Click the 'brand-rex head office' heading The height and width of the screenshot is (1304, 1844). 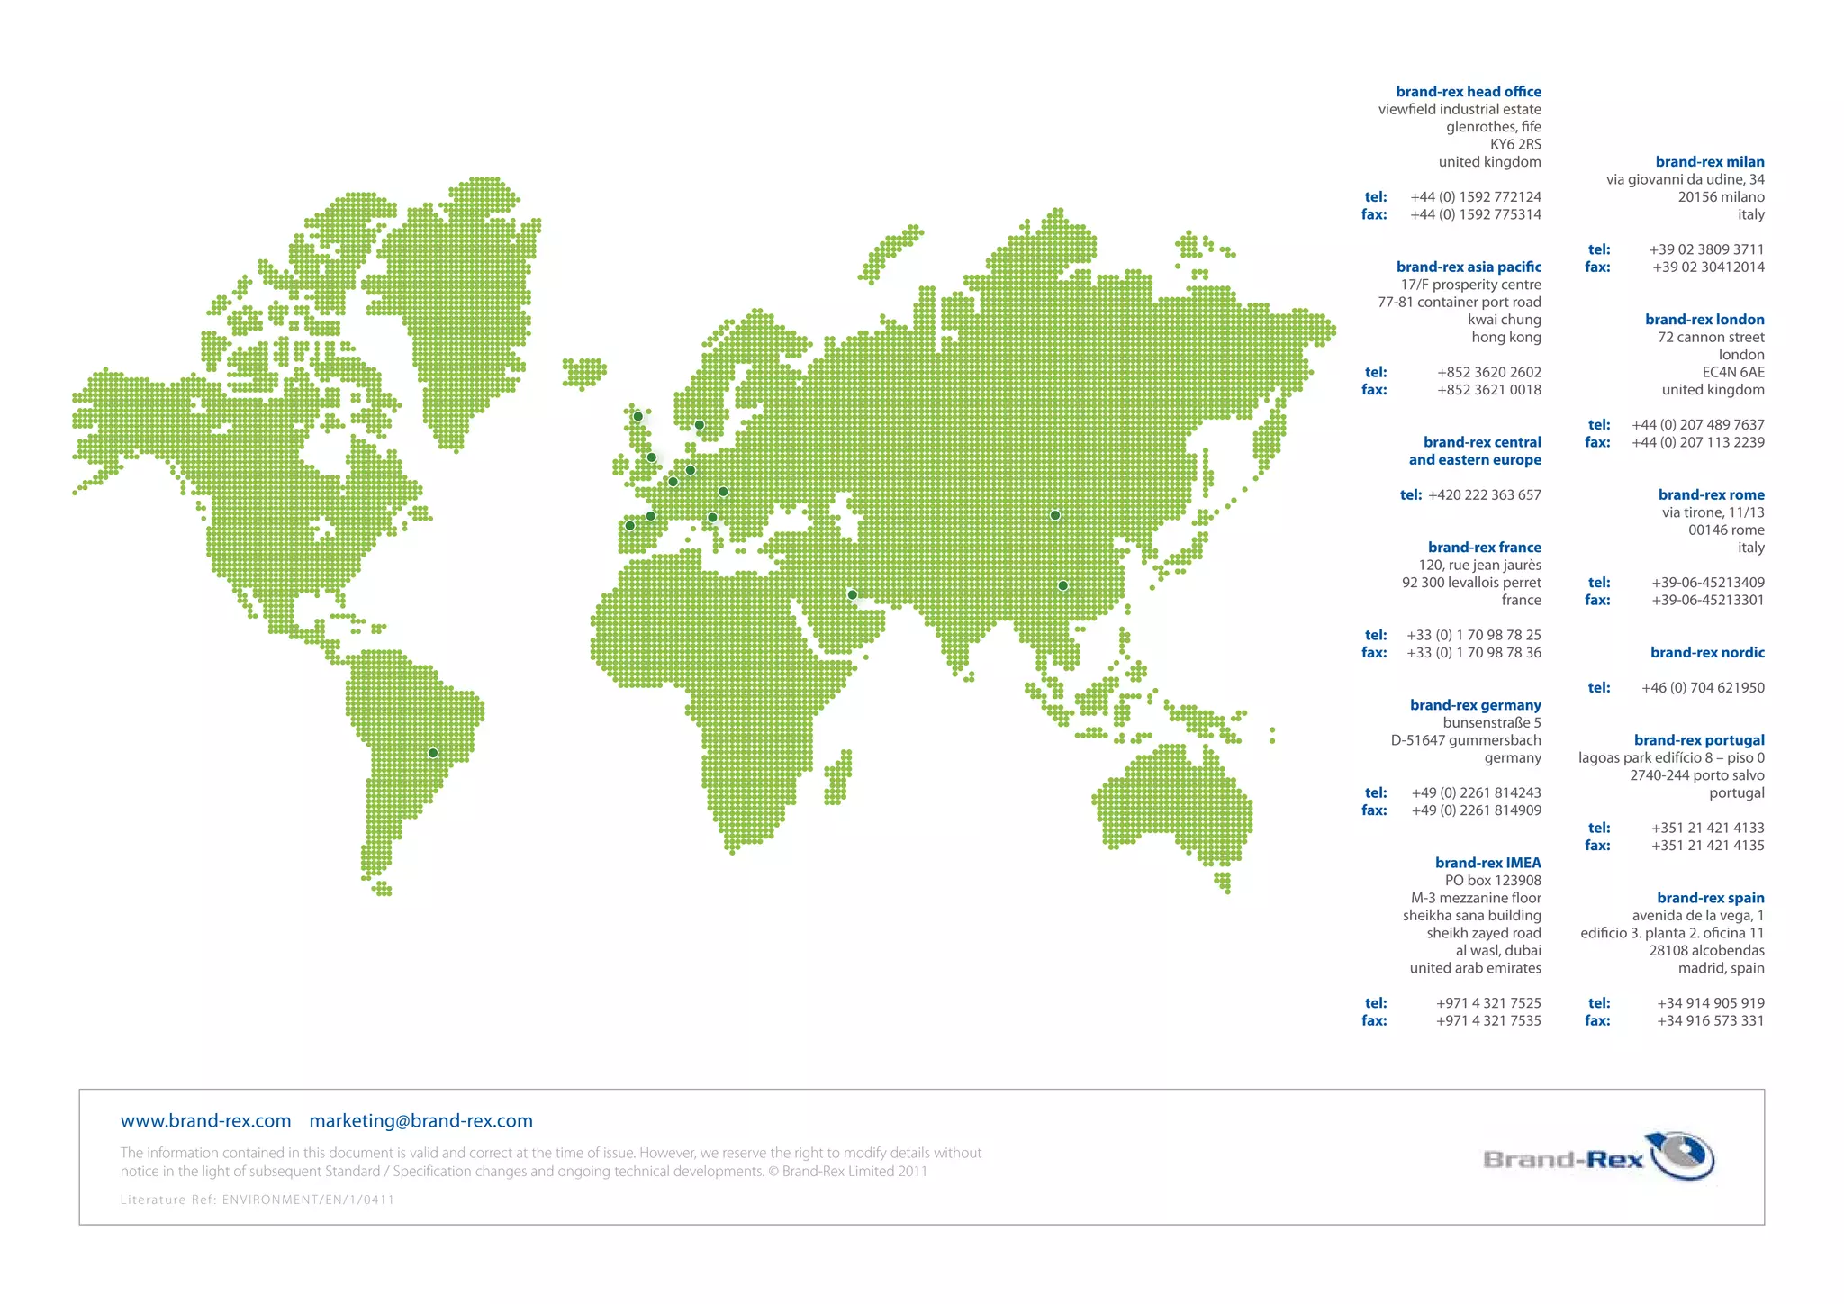pyautogui.click(x=1468, y=92)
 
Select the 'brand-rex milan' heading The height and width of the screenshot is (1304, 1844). pyautogui.click(x=1709, y=162)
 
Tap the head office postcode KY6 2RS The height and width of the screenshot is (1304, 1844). pyautogui.click(x=1515, y=144)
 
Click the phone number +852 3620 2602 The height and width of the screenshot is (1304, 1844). pyautogui.click(x=1488, y=372)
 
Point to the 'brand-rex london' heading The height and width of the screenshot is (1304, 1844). pyautogui.click(x=1704, y=320)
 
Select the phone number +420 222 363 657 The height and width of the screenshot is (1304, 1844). pyautogui.click(x=1484, y=494)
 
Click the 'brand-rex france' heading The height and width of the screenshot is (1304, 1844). pyautogui.click(x=1484, y=548)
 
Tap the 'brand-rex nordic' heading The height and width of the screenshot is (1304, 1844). pyautogui.click(x=1707, y=653)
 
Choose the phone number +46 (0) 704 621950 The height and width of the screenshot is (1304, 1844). pyautogui.click(x=1702, y=688)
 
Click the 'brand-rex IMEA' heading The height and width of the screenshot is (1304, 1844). pyautogui.click(x=1487, y=863)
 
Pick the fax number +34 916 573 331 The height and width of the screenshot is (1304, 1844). pyautogui.click(x=1710, y=1020)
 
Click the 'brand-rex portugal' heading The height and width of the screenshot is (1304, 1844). pyautogui.click(x=1699, y=740)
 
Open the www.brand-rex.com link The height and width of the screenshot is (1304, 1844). pyautogui.click(x=205, y=1121)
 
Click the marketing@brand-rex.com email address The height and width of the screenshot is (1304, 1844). pyautogui.click(x=420, y=1121)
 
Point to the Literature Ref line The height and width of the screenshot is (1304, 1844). pyautogui.click(x=258, y=1200)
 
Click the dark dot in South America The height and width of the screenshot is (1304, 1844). pyautogui.click(x=433, y=753)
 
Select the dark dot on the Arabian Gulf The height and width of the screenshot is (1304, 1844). pyautogui.click(x=852, y=594)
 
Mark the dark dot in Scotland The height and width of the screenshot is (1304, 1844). pyautogui.click(x=637, y=416)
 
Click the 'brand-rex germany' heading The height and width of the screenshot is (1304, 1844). pyautogui.click(x=1475, y=705)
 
